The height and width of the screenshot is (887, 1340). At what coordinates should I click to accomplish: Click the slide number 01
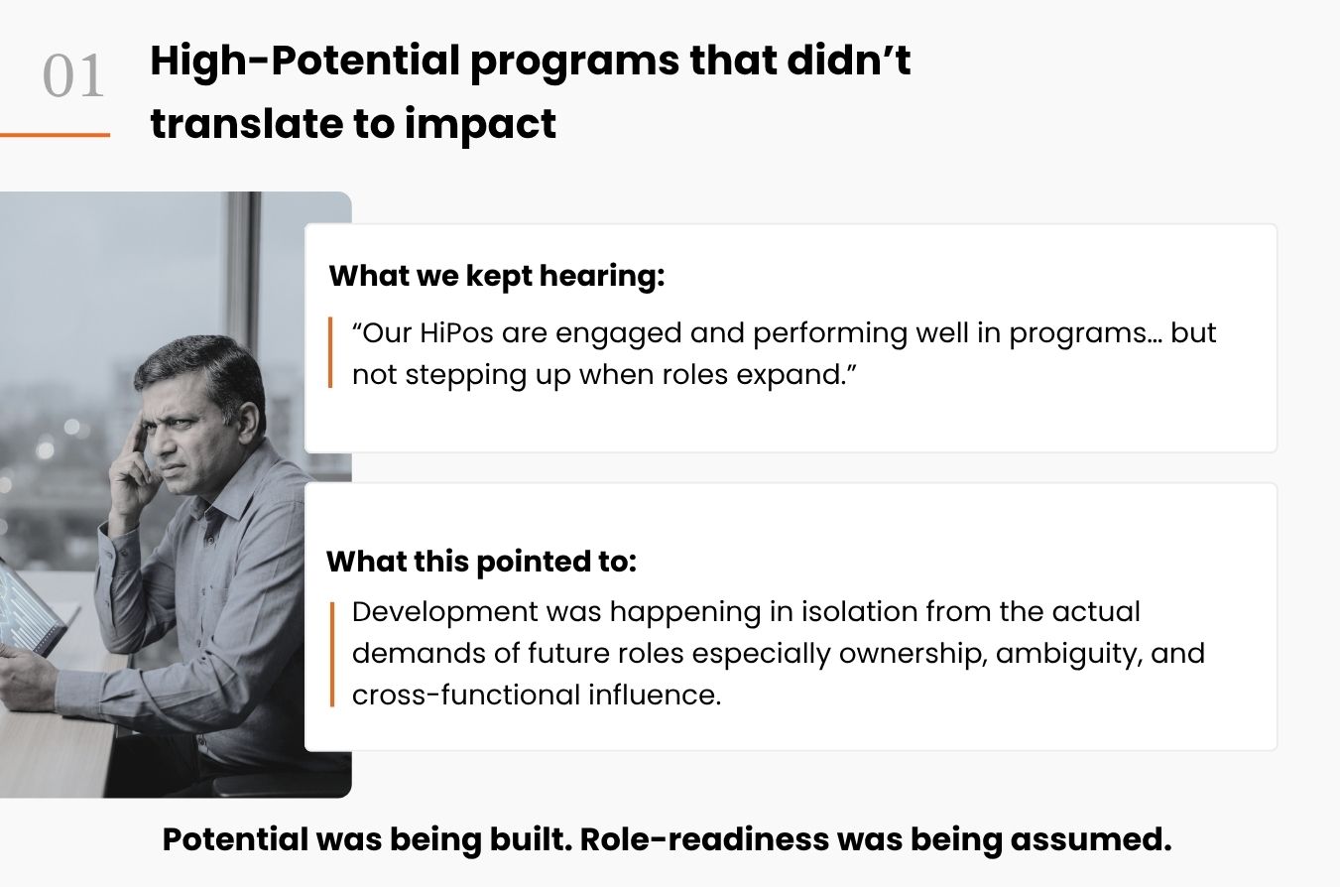(73, 76)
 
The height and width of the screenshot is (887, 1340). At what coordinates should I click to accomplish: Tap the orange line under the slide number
(55, 135)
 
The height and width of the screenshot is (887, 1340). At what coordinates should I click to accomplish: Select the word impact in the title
(480, 124)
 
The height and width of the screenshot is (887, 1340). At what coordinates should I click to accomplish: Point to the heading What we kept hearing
(497, 276)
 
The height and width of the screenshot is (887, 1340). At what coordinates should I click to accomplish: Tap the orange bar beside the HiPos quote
(330, 352)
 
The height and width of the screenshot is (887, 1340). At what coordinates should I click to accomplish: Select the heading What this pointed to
(482, 562)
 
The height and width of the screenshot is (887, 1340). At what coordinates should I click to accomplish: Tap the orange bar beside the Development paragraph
(332, 654)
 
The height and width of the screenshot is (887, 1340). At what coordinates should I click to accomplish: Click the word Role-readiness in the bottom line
(704, 839)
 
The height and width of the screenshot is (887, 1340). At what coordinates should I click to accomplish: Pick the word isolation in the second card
(860, 612)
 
